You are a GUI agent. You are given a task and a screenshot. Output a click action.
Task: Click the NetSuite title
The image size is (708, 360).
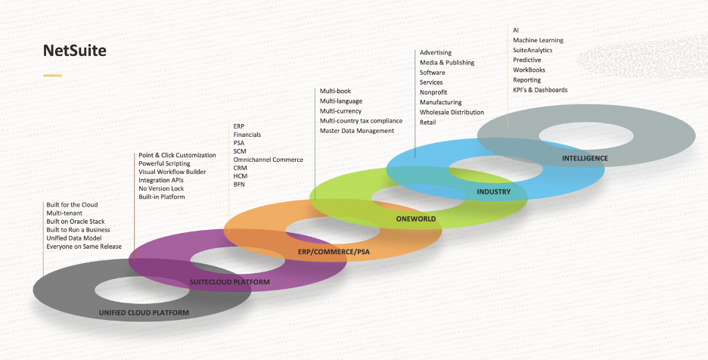click(x=74, y=51)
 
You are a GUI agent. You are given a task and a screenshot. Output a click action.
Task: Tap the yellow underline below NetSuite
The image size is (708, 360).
click(x=52, y=76)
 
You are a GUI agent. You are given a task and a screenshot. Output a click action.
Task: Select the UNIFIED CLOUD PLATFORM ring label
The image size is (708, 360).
click(x=144, y=312)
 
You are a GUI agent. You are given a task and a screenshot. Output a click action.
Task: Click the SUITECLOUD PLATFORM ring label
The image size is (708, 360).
click(x=229, y=282)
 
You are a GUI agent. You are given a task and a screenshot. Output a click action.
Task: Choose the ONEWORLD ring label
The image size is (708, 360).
click(x=416, y=219)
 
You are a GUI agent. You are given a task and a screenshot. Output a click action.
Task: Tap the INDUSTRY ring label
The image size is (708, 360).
click(x=493, y=191)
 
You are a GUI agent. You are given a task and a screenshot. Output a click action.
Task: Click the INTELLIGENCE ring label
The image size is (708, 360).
click(x=585, y=158)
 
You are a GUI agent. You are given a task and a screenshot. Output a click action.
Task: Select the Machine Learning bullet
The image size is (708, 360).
click(x=538, y=40)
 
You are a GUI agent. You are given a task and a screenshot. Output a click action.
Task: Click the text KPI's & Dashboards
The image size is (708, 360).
click(x=540, y=90)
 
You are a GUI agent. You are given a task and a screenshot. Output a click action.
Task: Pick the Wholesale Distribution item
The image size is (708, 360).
click(x=452, y=112)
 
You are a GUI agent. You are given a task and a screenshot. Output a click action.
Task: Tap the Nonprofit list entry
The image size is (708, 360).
click(x=433, y=92)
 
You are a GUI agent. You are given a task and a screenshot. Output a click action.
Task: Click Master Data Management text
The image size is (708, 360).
click(x=356, y=131)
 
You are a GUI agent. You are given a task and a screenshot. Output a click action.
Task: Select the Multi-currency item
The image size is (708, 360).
click(x=340, y=111)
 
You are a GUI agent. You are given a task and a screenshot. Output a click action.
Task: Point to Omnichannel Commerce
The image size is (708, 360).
click(x=268, y=160)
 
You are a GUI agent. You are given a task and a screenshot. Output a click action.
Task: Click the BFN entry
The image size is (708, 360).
click(x=239, y=185)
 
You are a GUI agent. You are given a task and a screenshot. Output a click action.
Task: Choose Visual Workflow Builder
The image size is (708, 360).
click(x=172, y=172)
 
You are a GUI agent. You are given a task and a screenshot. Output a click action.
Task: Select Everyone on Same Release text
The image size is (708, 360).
click(x=84, y=247)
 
